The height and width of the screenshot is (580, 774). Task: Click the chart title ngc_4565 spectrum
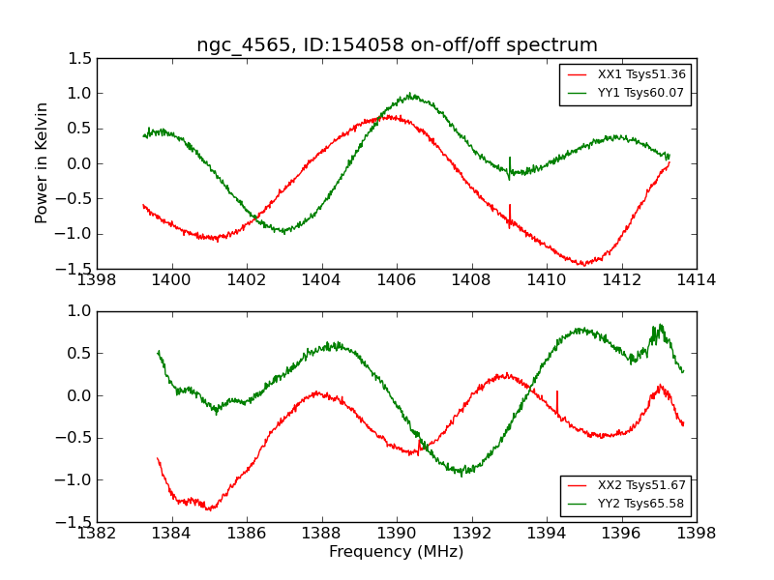click(x=397, y=44)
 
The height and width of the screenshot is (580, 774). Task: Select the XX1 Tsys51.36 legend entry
click(x=626, y=74)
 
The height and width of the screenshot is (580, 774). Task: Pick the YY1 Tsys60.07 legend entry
click(x=626, y=92)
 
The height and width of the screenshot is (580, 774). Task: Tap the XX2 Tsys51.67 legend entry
click(x=626, y=485)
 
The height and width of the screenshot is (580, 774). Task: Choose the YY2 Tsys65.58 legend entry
click(x=626, y=503)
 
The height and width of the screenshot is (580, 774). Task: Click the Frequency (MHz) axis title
click(x=397, y=551)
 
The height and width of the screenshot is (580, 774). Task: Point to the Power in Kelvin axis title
click(x=41, y=163)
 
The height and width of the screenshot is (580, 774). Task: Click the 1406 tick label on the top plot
click(x=397, y=280)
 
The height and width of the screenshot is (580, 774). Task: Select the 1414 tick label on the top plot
click(x=696, y=280)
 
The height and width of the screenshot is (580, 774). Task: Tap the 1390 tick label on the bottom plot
click(x=397, y=533)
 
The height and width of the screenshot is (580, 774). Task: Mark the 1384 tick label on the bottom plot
click(x=171, y=533)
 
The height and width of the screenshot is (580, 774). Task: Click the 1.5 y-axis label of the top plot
click(x=79, y=59)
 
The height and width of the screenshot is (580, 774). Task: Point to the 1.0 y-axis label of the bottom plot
click(x=79, y=310)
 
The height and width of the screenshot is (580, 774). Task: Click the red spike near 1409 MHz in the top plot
click(x=510, y=216)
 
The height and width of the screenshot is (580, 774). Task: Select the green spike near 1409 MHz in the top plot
click(x=510, y=168)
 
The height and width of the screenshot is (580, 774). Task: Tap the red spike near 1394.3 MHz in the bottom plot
click(x=557, y=403)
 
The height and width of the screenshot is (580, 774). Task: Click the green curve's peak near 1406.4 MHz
click(x=411, y=95)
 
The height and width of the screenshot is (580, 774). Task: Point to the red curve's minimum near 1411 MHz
click(x=583, y=263)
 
